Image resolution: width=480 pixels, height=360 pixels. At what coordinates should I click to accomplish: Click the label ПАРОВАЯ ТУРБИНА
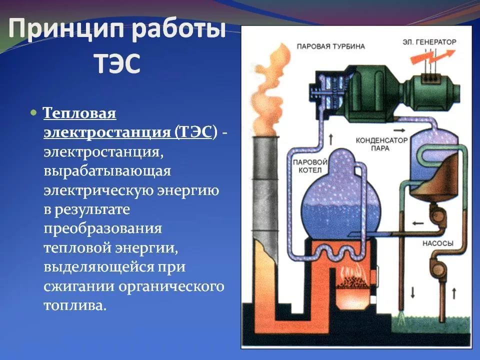[331, 46]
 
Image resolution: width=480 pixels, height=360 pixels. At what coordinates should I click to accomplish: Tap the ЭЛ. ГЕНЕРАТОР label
[429, 42]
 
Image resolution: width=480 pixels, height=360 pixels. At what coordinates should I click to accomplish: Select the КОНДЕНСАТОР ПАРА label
[381, 144]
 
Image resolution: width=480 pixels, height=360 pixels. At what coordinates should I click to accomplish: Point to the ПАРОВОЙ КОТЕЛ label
[310, 166]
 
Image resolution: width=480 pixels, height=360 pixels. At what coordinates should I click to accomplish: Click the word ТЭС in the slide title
[117, 63]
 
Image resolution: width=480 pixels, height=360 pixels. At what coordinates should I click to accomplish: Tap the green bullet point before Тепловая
[33, 112]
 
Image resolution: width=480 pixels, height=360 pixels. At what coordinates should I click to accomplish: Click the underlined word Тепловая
[79, 113]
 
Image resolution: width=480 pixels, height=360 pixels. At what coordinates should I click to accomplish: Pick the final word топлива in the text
[75, 305]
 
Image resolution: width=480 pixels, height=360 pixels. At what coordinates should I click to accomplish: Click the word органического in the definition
[171, 286]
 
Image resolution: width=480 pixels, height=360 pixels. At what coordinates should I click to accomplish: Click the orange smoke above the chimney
[265, 89]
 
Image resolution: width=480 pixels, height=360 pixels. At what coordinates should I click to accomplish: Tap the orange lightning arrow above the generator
[432, 57]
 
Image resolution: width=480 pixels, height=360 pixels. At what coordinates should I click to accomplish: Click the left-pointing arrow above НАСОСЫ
[417, 223]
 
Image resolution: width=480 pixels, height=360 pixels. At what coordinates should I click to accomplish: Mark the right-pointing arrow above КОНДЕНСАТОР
[399, 130]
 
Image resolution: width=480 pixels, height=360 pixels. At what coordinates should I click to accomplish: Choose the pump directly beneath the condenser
[438, 214]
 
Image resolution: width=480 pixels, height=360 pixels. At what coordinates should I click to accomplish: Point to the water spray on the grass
[400, 318]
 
